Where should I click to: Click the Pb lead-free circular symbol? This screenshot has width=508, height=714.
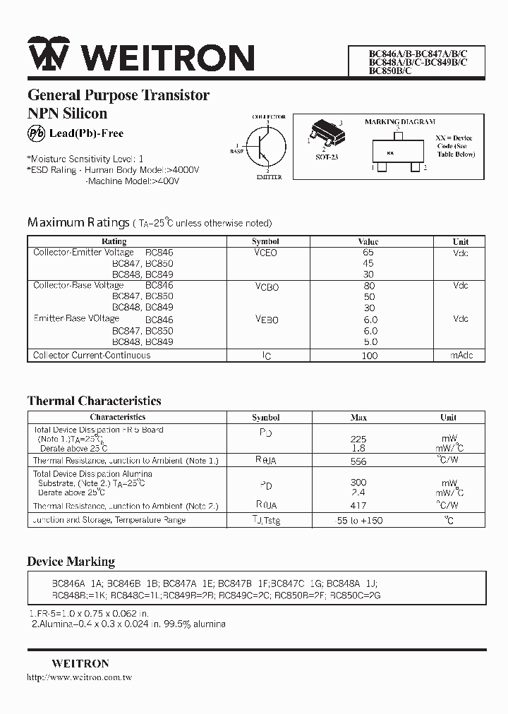coord(36,133)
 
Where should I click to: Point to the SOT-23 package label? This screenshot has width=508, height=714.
coord(326,157)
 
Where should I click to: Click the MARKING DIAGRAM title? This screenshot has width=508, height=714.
coord(399,122)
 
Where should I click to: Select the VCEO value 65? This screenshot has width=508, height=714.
coord(368,252)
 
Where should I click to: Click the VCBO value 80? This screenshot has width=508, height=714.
coord(368,286)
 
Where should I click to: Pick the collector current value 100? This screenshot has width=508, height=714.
coord(369,356)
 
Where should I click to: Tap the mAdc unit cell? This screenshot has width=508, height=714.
coord(461,355)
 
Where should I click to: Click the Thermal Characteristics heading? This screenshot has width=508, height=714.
coord(94,401)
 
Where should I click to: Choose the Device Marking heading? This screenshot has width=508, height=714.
coord(71,562)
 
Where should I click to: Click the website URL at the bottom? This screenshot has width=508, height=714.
coord(79,677)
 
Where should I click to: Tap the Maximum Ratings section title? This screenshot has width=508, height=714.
coord(78,222)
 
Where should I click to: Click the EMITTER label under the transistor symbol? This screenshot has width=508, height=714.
coord(269,177)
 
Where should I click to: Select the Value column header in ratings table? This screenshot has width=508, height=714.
coord(368,241)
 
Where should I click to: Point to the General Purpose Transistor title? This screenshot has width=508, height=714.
coord(118,95)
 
